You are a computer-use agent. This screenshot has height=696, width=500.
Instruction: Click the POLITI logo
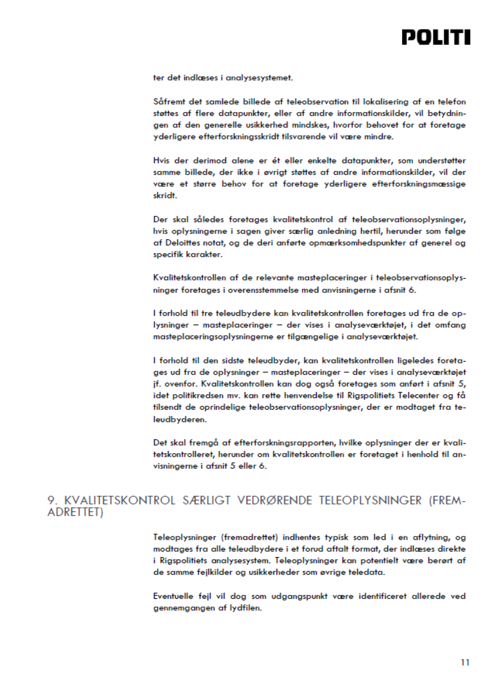436,38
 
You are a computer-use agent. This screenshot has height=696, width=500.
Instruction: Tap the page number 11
465,662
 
